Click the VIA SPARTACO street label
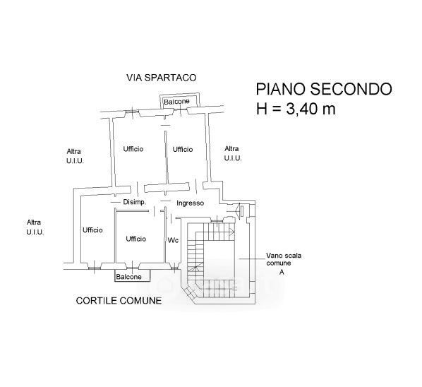coord(161,78)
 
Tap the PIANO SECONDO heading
coord(324,89)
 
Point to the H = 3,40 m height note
coord(296,109)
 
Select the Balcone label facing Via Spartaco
coord(176,102)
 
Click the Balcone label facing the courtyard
coord(128,277)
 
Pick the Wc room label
coord(173,240)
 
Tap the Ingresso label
coord(191,203)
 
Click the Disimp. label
coord(135,202)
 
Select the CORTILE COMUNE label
coord(119,301)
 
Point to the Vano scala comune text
coord(284,259)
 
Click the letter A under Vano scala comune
coord(282,273)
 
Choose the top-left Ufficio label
coord(133,149)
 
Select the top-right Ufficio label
coord(183,149)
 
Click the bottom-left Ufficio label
coord(92,230)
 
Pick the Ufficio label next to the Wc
coord(136,239)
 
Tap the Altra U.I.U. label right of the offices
coord(233,153)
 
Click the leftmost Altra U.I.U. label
coord(35,227)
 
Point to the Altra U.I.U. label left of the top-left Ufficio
coord(75,156)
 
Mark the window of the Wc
coord(174,267)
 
